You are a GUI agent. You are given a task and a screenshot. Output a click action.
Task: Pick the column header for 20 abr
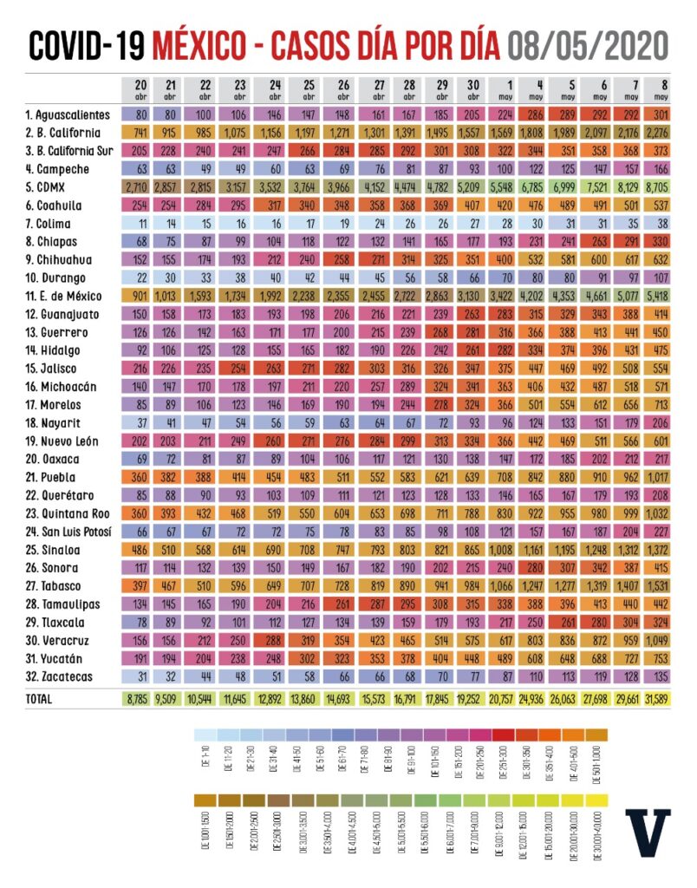(140, 89)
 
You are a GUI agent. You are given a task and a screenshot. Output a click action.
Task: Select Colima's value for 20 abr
(140, 224)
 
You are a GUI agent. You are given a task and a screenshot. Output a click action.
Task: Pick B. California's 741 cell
(140, 133)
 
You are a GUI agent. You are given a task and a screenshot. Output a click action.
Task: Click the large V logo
(647, 834)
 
